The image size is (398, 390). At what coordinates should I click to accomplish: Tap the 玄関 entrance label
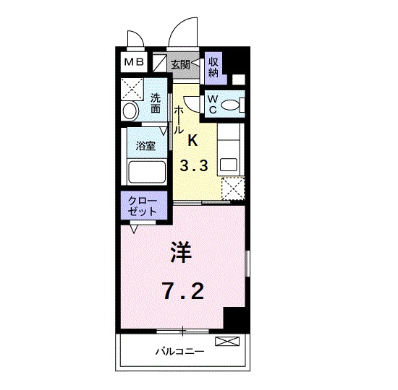[x=180, y=64]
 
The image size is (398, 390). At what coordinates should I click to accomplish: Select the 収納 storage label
[x=214, y=66]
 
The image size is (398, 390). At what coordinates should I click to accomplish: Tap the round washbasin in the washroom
[x=130, y=111]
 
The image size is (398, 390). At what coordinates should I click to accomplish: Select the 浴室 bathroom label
[x=145, y=145]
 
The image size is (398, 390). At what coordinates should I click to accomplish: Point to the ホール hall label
[x=178, y=120]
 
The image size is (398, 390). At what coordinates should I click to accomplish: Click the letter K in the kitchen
[x=193, y=140]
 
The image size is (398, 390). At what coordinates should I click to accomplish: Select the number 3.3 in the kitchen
[x=194, y=165]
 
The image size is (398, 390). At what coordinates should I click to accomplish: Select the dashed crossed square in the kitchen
[x=232, y=189]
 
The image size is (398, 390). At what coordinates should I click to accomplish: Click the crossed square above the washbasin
[x=132, y=90]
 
